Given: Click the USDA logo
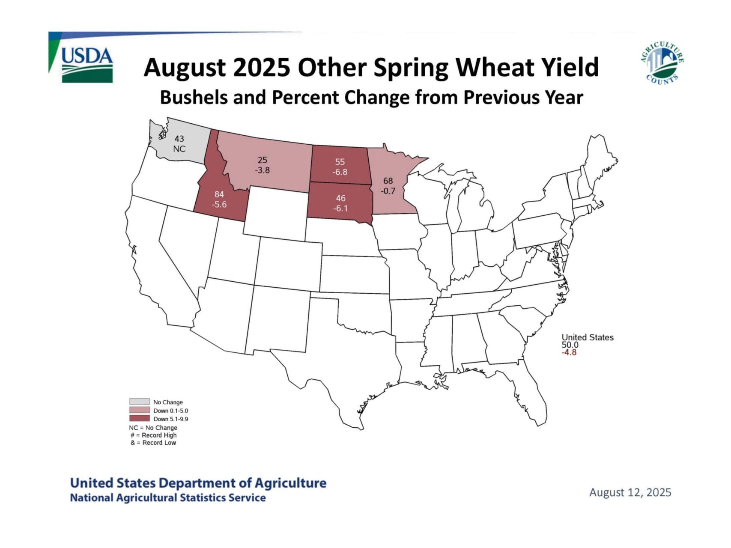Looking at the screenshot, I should (87, 64).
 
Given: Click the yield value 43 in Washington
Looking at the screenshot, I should (179, 139).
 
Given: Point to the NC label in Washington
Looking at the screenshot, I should (179, 149).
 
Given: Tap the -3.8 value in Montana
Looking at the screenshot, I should (262, 170).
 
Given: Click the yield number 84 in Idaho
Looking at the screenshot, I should (219, 194).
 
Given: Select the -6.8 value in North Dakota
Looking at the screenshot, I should (340, 172).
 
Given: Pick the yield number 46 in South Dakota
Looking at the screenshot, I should (340, 198).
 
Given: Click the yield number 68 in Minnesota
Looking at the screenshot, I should (388, 181).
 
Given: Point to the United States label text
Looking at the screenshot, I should (587, 337).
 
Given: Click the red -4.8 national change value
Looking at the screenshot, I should (569, 352).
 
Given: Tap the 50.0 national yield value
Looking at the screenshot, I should (570, 345).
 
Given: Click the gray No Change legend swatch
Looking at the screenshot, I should (140, 402).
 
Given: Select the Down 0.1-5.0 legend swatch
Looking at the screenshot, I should (140, 410).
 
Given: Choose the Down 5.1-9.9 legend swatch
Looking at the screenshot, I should (140, 418).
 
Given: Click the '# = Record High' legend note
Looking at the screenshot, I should (154, 435).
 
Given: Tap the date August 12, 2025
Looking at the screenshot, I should (630, 492).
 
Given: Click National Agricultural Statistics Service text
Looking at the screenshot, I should (167, 498).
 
